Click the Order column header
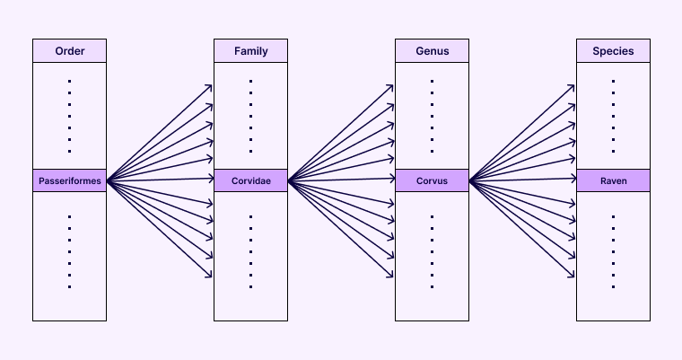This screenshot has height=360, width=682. (x=69, y=51)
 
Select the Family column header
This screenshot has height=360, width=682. (x=250, y=51)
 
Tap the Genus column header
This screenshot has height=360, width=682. (x=432, y=51)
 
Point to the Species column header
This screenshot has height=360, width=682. (x=613, y=51)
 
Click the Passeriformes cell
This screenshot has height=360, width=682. (x=69, y=180)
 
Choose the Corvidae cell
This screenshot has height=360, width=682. (x=250, y=180)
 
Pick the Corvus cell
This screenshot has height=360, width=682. (x=432, y=180)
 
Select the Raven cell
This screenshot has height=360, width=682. (x=613, y=180)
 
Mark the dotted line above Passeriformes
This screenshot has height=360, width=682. (x=69, y=116)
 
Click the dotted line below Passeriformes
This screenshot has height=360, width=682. (x=69, y=251)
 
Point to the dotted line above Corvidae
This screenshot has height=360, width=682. (x=250, y=116)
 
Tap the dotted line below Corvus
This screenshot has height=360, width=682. (x=432, y=251)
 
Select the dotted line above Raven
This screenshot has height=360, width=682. (x=613, y=116)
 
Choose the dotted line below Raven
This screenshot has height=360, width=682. (x=613, y=251)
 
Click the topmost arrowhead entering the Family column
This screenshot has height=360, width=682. (x=210, y=87)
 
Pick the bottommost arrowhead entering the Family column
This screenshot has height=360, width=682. (x=210, y=275)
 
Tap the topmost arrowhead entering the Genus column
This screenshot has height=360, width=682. (x=391, y=87)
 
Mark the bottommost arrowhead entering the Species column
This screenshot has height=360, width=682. (x=573, y=275)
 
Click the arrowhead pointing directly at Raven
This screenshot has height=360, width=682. (x=573, y=180)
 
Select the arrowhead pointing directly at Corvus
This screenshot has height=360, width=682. (x=391, y=180)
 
